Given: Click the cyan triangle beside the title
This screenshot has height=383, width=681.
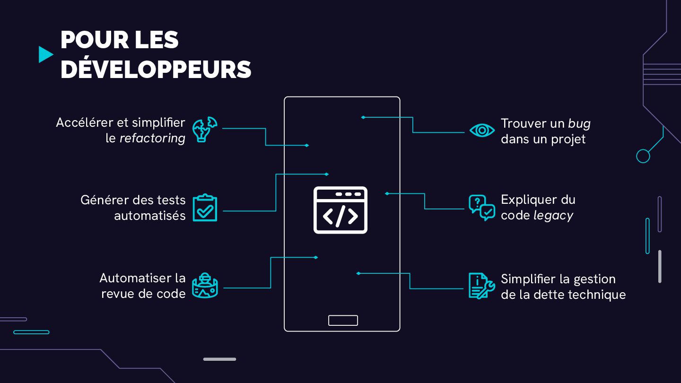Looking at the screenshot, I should pyautogui.click(x=45, y=54).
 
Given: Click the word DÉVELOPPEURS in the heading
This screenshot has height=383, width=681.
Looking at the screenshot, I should pyautogui.click(x=156, y=70).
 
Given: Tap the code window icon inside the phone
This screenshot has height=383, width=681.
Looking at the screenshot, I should pyautogui.click(x=340, y=210).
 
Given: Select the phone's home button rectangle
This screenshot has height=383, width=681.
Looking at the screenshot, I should pyautogui.click(x=343, y=320).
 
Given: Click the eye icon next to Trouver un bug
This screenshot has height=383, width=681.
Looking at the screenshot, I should pyautogui.click(x=482, y=130).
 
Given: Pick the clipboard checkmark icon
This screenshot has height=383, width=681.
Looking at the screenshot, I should pyautogui.click(x=205, y=208).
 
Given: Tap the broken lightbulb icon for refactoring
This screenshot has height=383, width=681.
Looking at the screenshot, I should pyautogui.click(x=204, y=129).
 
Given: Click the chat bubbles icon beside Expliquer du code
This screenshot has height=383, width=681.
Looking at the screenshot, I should pyautogui.click(x=481, y=208).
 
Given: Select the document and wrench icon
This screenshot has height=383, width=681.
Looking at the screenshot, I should pyautogui.click(x=481, y=286).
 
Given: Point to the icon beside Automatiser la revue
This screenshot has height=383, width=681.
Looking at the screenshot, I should pyautogui.click(x=205, y=285).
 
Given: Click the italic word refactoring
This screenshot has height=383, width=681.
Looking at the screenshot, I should pyautogui.click(x=152, y=139).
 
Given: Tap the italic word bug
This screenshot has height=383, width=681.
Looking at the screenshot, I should pyautogui.click(x=579, y=124).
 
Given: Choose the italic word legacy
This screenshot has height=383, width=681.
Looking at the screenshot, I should pyautogui.click(x=553, y=216).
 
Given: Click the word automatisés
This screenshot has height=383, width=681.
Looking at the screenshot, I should pyautogui.click(x=150, y=216).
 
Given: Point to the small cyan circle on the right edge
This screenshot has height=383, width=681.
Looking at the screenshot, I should pyautogui.click(x=643, y=156).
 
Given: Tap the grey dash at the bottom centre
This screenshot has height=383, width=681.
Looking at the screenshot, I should pyautogui.click(x=219, y=359).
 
